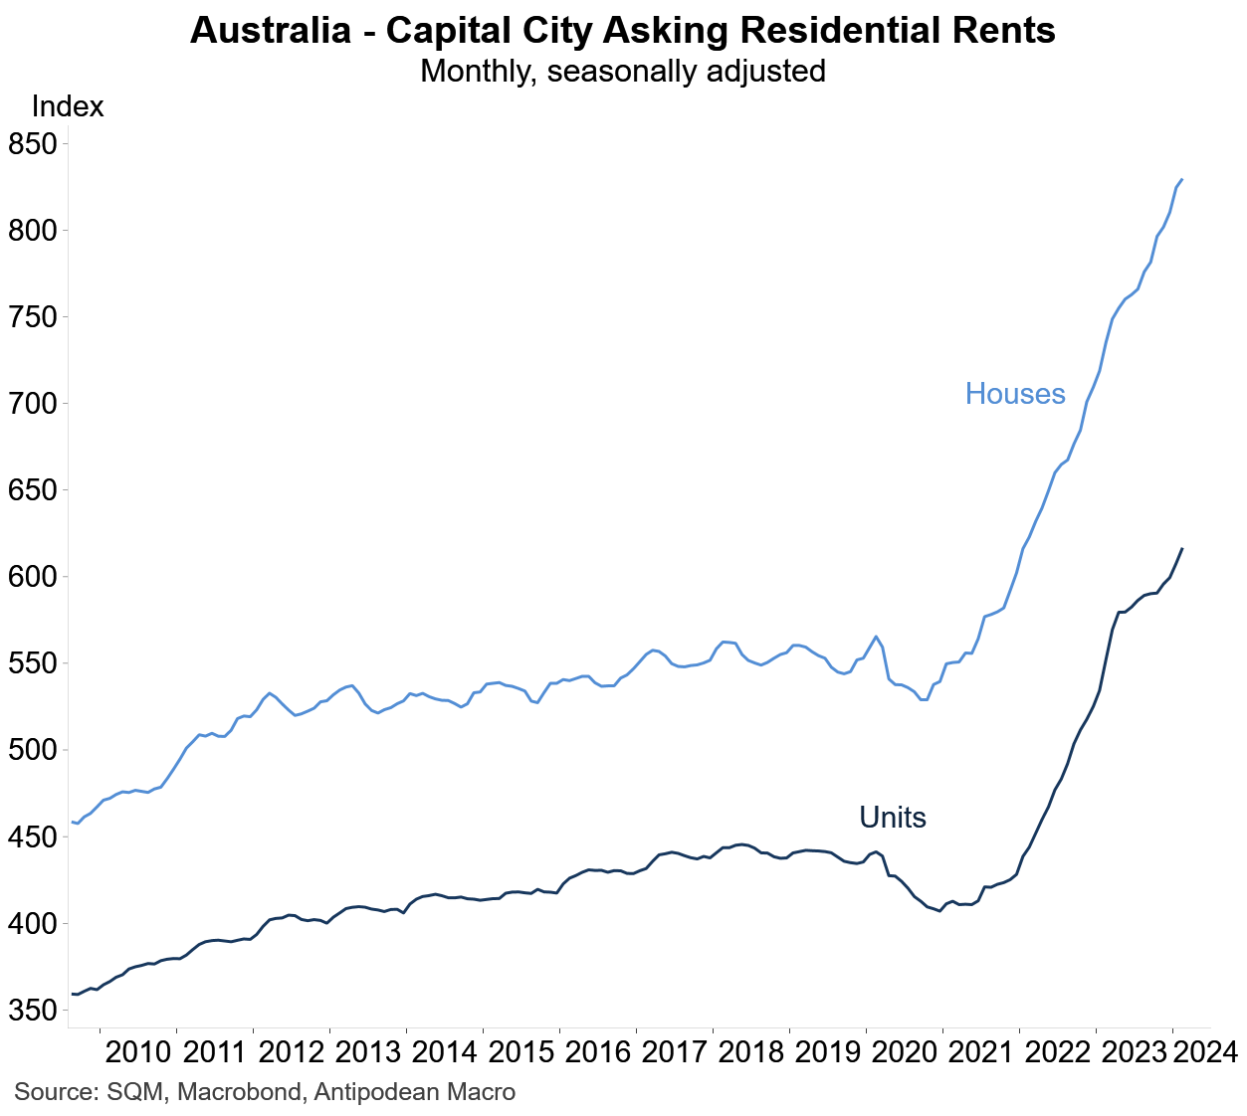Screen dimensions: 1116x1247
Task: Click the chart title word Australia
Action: [x=270, y=31]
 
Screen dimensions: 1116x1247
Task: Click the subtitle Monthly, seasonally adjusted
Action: [x=623, y=72]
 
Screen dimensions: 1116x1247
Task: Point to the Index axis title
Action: [x=68, y=106]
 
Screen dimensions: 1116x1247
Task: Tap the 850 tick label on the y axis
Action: [x=33, y=144]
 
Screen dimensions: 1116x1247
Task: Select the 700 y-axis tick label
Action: [x=33, y=404]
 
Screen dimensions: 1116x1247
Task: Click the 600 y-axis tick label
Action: [x=33, y=577]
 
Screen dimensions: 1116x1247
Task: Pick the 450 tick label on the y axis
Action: [x=33, y=837]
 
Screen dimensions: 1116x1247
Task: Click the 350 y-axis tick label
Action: [x=33, y=1011]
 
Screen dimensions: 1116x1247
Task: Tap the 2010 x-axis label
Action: [x=138, y=1052]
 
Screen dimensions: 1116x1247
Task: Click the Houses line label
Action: [x=1015, y=394]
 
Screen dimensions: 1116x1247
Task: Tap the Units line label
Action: [x=893, y=818]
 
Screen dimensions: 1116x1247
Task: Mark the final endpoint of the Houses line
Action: [x=1181, y=180]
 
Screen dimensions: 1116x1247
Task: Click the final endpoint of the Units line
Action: [x=1181, y=549]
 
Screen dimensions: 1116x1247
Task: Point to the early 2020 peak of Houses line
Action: [x=876, y=637]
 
